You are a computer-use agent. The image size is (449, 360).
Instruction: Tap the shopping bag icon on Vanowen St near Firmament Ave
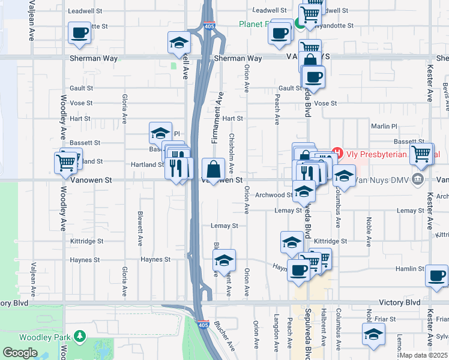click(x=213, y=169)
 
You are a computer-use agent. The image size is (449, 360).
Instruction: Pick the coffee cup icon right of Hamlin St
click(x=436, y=275)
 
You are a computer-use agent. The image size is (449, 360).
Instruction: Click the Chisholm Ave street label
click(x=231, y=154)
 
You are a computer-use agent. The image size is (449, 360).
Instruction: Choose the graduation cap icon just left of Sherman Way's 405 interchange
click(x=179, y=42)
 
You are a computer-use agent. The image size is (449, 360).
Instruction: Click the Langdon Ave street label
click(x=277, y=331)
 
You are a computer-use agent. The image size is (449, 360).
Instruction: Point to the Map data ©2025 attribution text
click(x=424, y=355)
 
